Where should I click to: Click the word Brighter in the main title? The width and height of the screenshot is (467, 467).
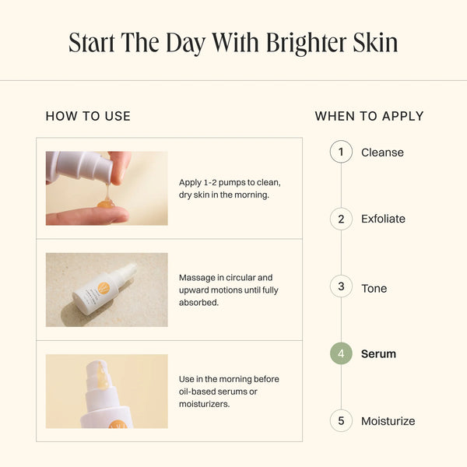(307, 44)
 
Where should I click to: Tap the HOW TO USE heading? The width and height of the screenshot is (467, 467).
(88, 116)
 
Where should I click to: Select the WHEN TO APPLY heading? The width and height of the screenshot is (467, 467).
(369, 116)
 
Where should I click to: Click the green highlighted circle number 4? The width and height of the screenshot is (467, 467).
(341, 353)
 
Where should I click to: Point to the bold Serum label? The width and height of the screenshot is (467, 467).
(378, 354)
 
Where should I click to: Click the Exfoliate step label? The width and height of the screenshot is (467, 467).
(383, 219)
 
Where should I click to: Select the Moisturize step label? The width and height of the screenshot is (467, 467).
(388, 421)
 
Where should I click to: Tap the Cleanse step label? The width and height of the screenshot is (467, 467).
(382, 153)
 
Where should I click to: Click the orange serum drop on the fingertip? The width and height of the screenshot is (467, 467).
(106, 204)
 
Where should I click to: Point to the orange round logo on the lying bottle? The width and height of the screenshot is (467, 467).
(104, 288)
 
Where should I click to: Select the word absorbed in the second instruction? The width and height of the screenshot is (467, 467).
(198, 303)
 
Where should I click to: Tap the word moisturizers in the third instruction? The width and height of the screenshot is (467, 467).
(204, 404)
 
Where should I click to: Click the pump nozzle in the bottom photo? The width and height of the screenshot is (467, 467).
(99, 374)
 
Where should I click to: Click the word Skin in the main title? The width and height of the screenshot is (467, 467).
(376, 44)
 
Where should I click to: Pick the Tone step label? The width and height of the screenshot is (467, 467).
(374, 288)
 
